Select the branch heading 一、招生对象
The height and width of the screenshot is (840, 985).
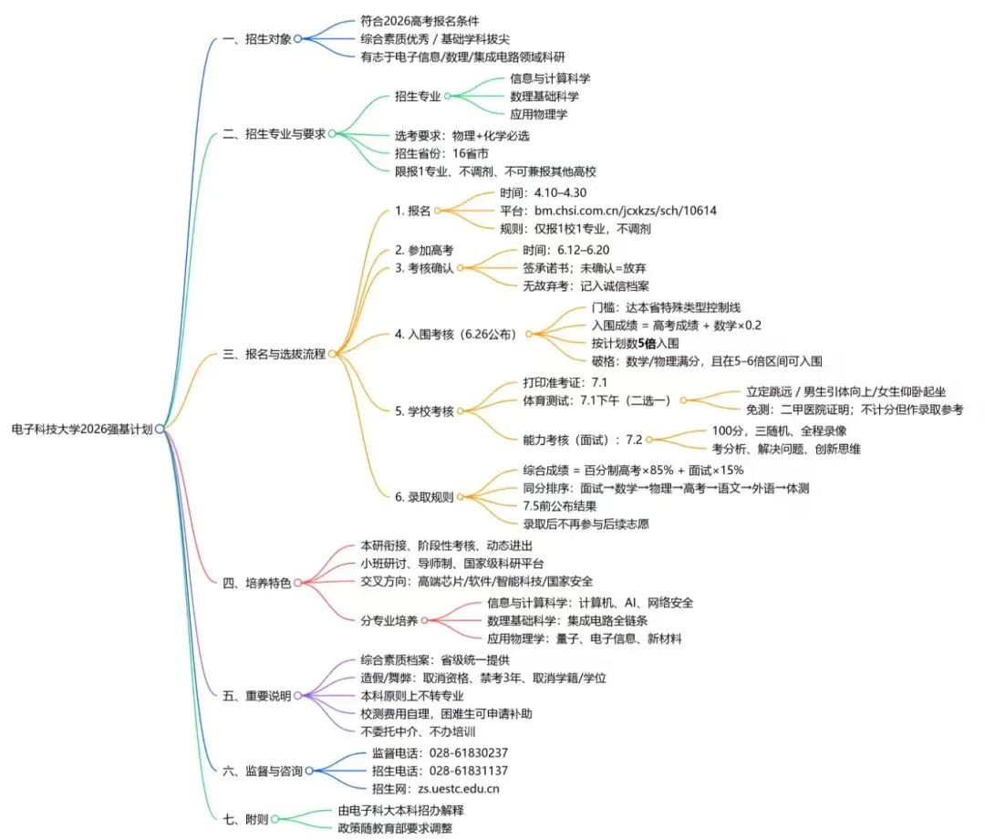coord(257,38)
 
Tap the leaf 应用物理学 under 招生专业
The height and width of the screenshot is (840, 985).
coord(538,114)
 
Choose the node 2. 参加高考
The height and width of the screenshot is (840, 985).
coord(424,250)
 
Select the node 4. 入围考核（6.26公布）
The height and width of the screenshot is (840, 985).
coord(455,334)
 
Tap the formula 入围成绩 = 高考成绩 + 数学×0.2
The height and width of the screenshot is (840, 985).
coord(676,326)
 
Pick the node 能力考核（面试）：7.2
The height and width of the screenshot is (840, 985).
coord(582,439)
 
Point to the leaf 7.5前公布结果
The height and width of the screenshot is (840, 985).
coord(559,505)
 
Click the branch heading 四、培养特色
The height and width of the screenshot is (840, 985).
coord(257,582)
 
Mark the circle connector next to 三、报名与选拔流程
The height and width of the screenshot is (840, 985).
coord(332,353)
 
